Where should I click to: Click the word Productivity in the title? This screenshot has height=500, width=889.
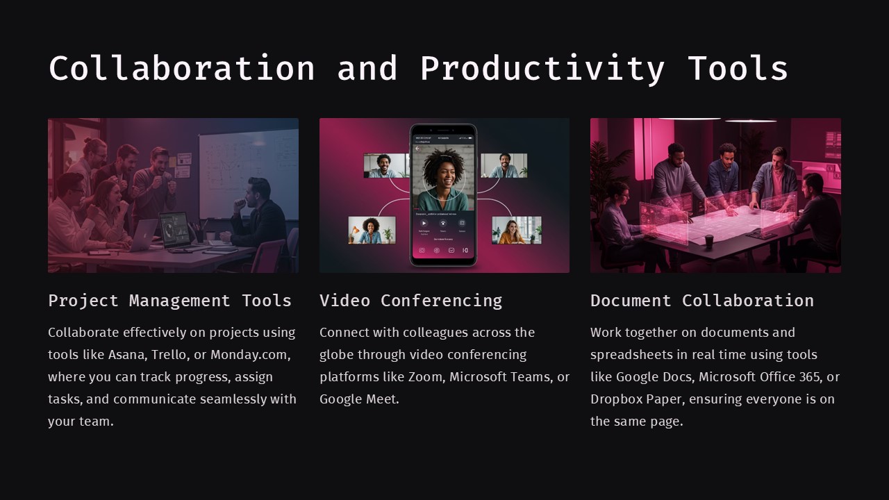tap(542, 68)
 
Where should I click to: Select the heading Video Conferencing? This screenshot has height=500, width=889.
tap(410, 301)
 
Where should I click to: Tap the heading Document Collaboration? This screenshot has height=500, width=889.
tap(701, 301)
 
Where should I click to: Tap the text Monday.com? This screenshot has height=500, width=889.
tap(249, 355)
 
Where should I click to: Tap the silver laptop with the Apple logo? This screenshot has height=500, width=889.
tap(144, 235)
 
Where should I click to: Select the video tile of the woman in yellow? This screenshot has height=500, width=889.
tap(516, 231)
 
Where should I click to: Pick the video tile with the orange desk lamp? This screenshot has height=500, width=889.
tap(372, 230)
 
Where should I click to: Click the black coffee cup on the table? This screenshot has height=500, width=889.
tap(709, 240)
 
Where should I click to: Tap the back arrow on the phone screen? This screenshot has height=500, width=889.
tap(417, 148)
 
